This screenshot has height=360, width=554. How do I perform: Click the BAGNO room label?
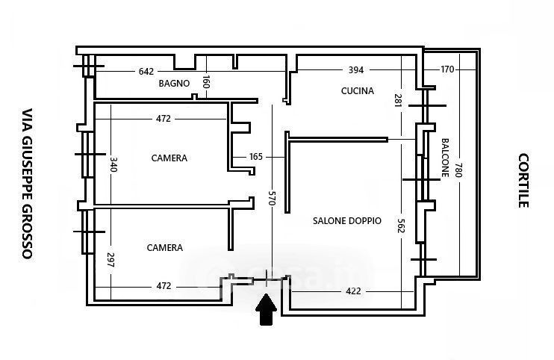pos(174,84)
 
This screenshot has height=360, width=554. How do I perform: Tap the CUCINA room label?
pos(357,92)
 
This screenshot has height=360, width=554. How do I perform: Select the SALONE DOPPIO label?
pos(347,221)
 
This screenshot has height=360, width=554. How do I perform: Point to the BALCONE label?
pos(445,158)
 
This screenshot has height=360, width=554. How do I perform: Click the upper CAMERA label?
pos(169,158)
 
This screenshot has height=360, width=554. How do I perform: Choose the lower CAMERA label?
pos(165,248)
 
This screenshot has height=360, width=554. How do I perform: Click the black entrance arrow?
pos(267,309)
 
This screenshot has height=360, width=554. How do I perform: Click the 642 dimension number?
pos(146,72)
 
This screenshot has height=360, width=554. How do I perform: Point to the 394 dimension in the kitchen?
pos(356,71)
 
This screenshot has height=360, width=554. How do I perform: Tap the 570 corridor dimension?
pos(273,198)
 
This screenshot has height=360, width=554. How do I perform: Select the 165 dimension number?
pos(256,157)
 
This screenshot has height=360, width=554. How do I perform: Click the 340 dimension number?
pos(113,164)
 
